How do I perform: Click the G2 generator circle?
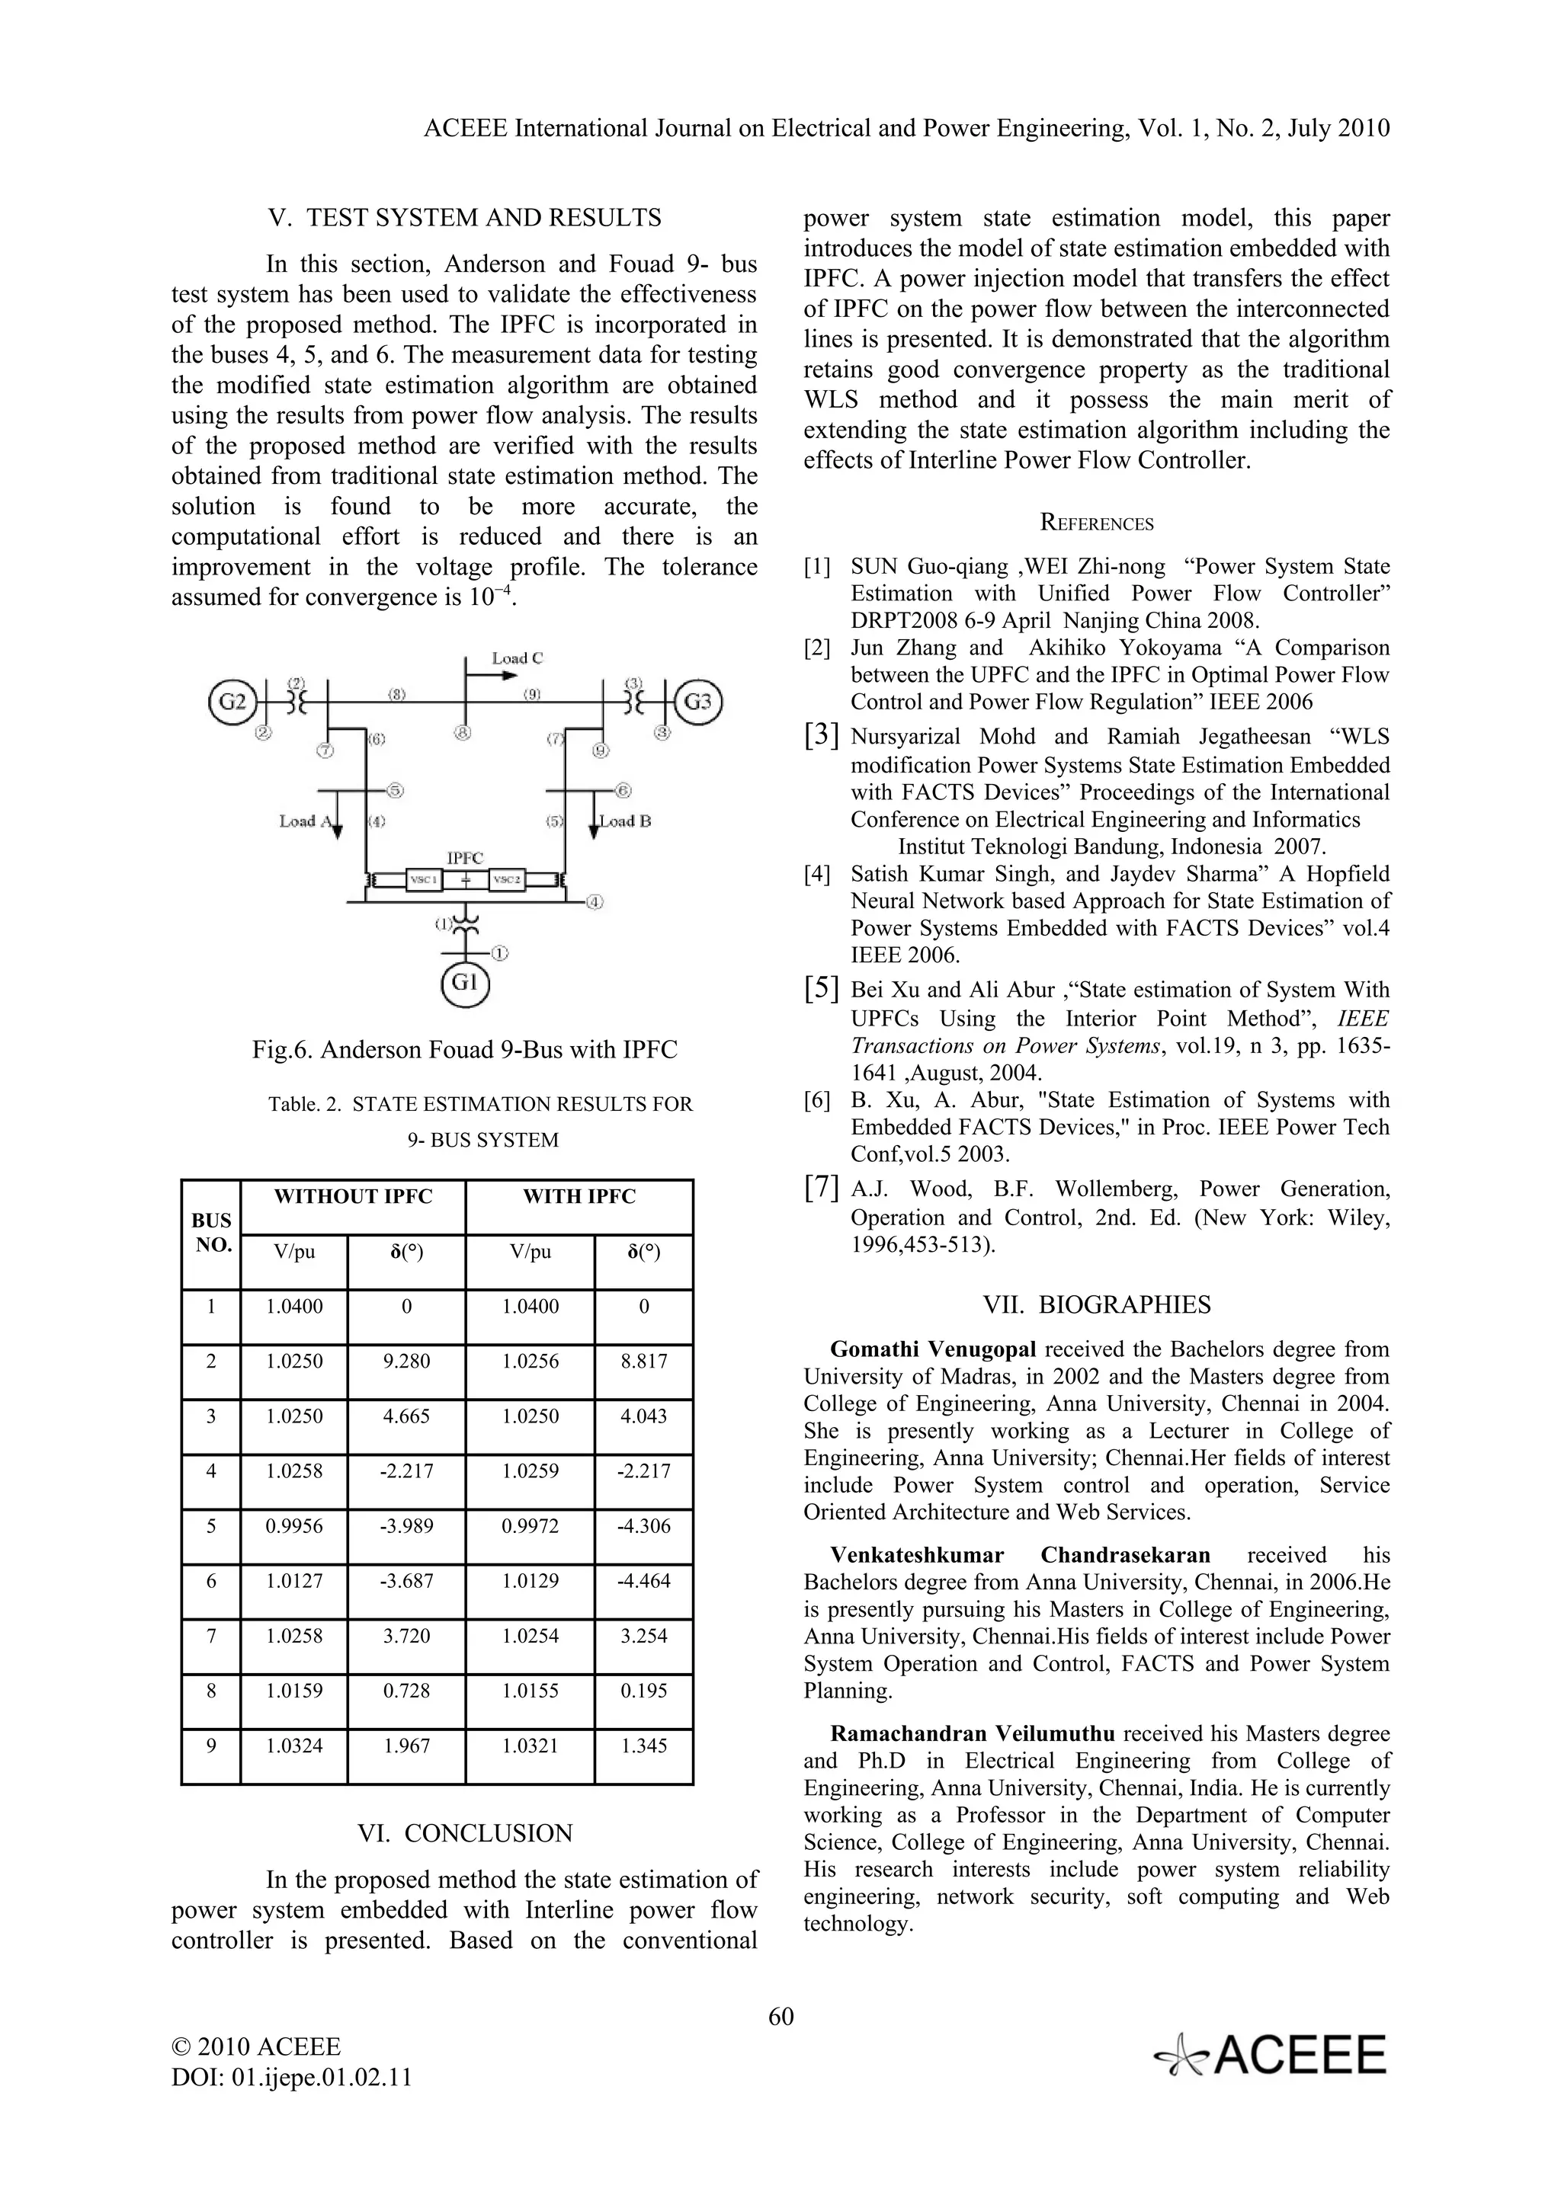click(232, 701)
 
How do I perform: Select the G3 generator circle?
click(697, 701)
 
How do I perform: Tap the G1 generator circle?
click(464, 982)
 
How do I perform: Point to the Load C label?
click(517, 658)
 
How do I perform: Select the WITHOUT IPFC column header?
click(353, 1196)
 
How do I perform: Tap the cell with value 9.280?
click(406, 1361)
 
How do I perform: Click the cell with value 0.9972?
click(530, 1525)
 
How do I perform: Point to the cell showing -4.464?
click(643, 1580)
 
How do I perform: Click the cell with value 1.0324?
click(294, 1746)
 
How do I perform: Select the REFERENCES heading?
click(1097, 523)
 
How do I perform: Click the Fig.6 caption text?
click(464, 1049)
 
